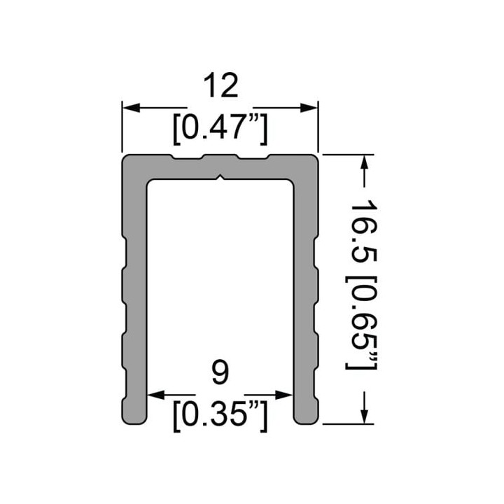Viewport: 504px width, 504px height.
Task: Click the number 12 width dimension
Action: (x=220, y=85)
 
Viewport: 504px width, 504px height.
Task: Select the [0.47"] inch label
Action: (x=220, y=129)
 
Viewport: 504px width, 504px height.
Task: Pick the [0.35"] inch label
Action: (x=220, y=416)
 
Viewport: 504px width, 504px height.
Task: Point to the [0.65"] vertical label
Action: (x=360, y=323)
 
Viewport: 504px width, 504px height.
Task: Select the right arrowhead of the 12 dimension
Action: (x=309, y=108)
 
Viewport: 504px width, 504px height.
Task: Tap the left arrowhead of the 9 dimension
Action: (x=156, y=395)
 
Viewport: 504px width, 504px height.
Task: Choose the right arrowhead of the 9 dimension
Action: (x=283, y=395)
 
